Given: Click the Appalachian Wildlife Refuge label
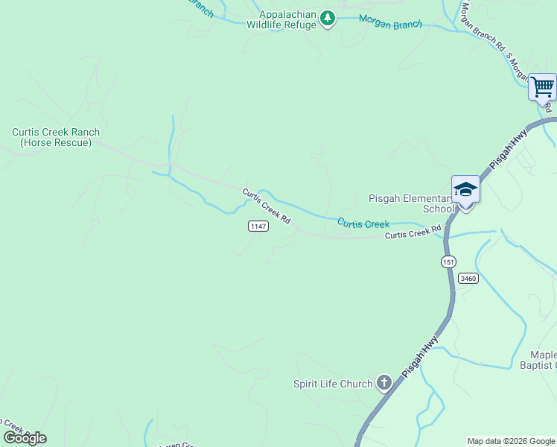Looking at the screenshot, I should point(287,19).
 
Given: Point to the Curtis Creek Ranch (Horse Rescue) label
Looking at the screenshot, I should point(56,137).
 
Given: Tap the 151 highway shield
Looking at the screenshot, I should point(448,261).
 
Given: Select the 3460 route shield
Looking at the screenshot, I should point(468,278).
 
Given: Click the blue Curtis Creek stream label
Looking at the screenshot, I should point(363,223).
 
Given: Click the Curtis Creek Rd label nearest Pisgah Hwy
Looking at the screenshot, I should point(413,233).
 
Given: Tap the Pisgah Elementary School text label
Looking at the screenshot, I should point(411,203).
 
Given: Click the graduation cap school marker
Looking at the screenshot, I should point(465,189).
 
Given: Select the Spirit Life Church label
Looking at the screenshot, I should point(332,384).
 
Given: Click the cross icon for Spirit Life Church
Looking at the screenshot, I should point(383,384).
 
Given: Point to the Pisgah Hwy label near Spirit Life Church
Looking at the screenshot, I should point(421,357).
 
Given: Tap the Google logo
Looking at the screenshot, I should point(24,438).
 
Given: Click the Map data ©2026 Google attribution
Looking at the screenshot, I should point(512,441).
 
